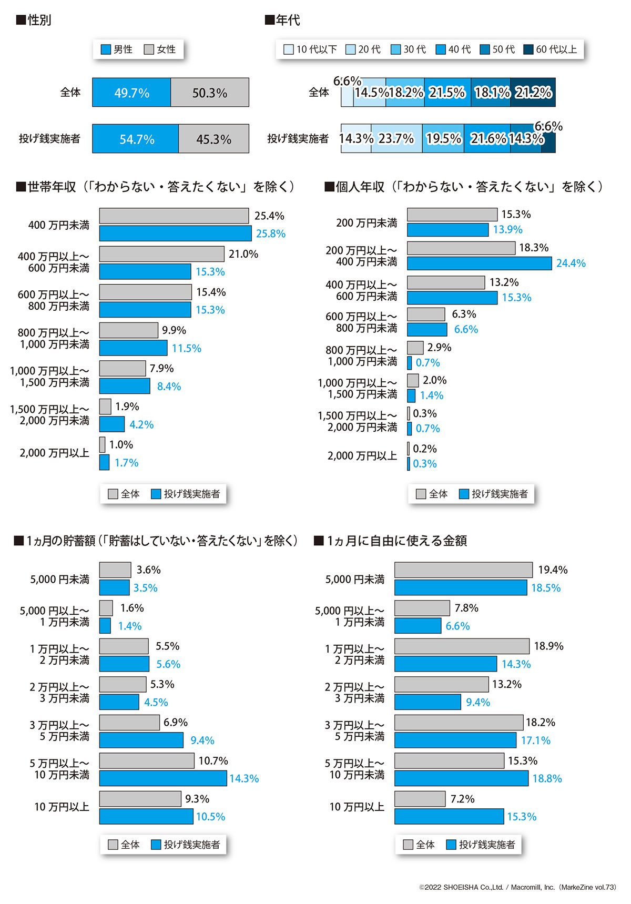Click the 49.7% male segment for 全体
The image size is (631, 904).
coord(131,93)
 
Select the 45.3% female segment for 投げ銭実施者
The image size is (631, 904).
coord(213,139)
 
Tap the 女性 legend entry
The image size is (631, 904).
coord(160,49)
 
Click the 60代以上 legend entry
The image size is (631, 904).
coord(551,49)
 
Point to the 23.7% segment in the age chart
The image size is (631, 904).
coord(396,139)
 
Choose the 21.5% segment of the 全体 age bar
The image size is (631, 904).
coord(447,93)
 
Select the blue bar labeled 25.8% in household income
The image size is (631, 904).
coord(175,233)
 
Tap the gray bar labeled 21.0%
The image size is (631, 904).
coord(161,254)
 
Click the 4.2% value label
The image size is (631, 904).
coord(141,425)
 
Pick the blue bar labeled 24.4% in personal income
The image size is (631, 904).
coord(479,263)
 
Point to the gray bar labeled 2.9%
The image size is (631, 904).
coord(415,348)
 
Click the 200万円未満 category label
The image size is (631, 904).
coord(367,223)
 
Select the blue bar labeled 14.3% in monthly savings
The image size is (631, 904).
coord(162,778)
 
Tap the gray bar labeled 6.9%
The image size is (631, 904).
coord(129,723)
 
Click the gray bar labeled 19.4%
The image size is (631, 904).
coord(463,570)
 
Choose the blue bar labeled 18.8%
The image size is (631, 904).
coord(461,778)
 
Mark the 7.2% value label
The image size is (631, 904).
coord(462,799)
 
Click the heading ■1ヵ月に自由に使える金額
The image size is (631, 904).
coord(391,541)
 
